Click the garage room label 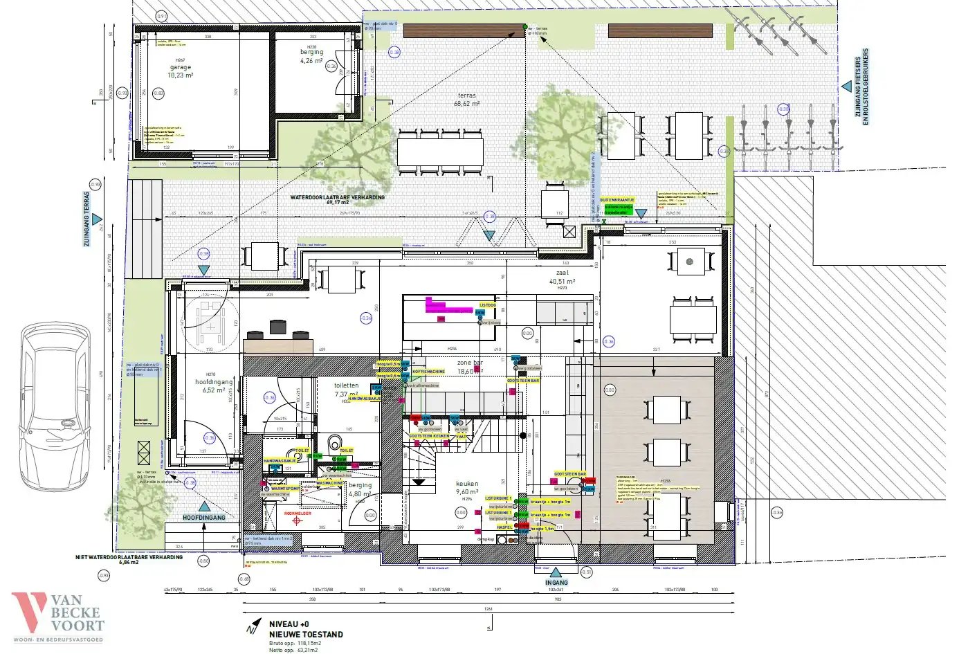click(x=181, y=71)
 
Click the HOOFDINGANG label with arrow click(x=203, y=518)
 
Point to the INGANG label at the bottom click(x=556, y=582)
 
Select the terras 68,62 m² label click(x=467, y=100)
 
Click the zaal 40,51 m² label click(x=562, y=278)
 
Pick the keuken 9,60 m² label click(x=467, y=488)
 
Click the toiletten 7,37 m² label click(x=346, y=390)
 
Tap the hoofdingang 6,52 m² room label click(x=214, y=386)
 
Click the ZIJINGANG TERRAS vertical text click(x=86, y=219)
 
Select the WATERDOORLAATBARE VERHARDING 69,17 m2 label click(x=338, y=200)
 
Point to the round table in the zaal click(x=689, y=262)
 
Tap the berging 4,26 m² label click(x=311, y=56)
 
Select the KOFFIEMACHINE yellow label click(x=429, y=372)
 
